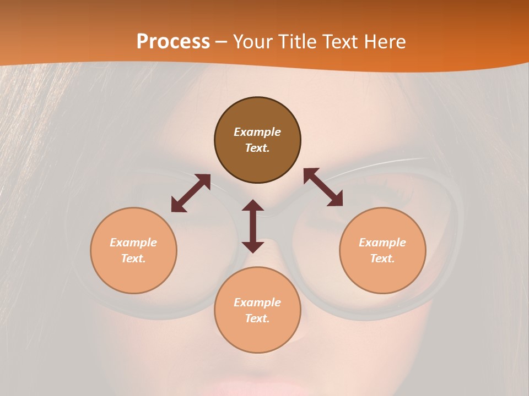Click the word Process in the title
(173, 42)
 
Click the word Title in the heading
(296, 42)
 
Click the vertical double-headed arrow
(253, 226)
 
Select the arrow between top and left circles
(191, 193)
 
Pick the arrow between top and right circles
(323, 187)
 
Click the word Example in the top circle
(257, 132)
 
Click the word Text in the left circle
(133, 258)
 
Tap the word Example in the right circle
(382, 243)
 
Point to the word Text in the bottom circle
(257, 318)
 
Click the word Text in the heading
(338, 42)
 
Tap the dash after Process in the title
(222, 42)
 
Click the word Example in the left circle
(133, 243)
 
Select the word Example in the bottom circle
(257, 302)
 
